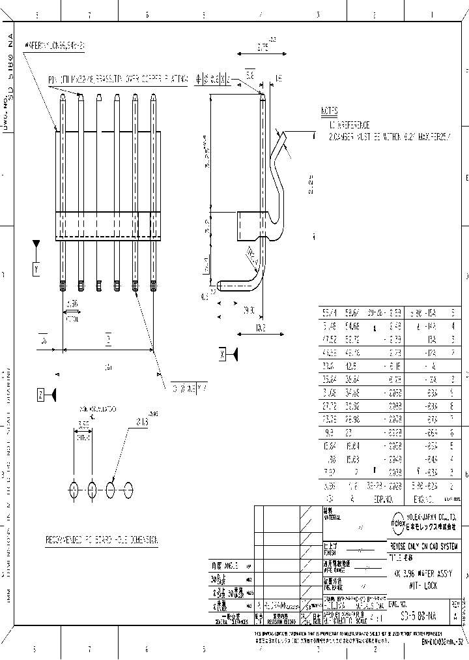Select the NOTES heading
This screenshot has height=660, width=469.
330,111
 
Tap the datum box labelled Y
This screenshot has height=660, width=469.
36,268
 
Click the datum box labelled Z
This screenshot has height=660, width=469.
40,394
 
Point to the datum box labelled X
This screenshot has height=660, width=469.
223,354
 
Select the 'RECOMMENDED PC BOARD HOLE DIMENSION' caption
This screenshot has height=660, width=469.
102,540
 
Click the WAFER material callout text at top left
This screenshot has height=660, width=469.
55,46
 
